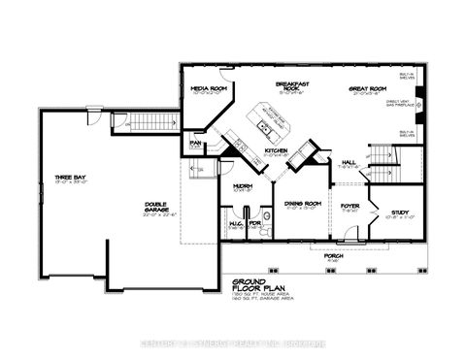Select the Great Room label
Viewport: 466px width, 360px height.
click(367, 89)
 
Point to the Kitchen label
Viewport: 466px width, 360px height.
click(276, 151)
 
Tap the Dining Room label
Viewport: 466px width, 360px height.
click(302, 204)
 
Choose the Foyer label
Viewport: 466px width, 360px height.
click(349, 206)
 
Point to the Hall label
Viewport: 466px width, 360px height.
click(348, 163)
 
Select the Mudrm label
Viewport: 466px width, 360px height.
click(244, 186)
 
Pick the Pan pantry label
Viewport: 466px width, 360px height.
click(195, 144)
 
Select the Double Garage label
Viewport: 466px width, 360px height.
click(146, 210)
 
